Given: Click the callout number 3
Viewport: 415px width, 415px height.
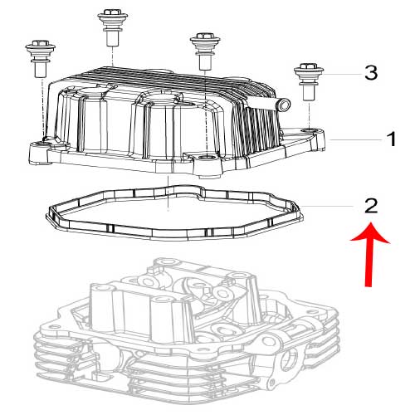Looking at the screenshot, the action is click(371, 73).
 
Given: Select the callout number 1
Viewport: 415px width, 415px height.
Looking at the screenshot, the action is click(391, 139).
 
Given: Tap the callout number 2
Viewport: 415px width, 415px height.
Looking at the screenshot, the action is click(371, 206).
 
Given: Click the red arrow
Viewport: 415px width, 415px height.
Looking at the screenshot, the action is click(369, 255).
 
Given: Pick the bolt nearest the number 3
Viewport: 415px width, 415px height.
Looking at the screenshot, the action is click(309, 81).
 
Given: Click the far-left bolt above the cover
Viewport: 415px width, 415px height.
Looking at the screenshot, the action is click(41, 59).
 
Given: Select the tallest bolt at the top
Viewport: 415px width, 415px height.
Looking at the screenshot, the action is click(112, 27).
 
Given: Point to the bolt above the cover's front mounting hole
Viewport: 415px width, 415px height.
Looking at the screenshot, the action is click(205, 51).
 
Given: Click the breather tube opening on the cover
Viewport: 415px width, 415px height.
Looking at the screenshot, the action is click(285, 105).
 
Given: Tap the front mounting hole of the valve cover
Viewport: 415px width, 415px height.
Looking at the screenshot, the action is click(206, 158).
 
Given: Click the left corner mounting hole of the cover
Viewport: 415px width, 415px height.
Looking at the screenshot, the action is click(41, 144).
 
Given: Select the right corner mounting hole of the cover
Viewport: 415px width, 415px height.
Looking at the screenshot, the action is click(309, 129).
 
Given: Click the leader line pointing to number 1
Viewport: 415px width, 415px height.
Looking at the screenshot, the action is click(354, 140).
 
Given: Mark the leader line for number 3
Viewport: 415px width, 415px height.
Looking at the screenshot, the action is click(342, 74).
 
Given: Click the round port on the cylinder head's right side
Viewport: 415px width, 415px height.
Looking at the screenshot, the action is click(290, 359).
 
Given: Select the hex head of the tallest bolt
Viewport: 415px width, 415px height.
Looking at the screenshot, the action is click(112, 12).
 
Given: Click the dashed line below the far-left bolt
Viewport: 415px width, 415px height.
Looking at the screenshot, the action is click(43, 108).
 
